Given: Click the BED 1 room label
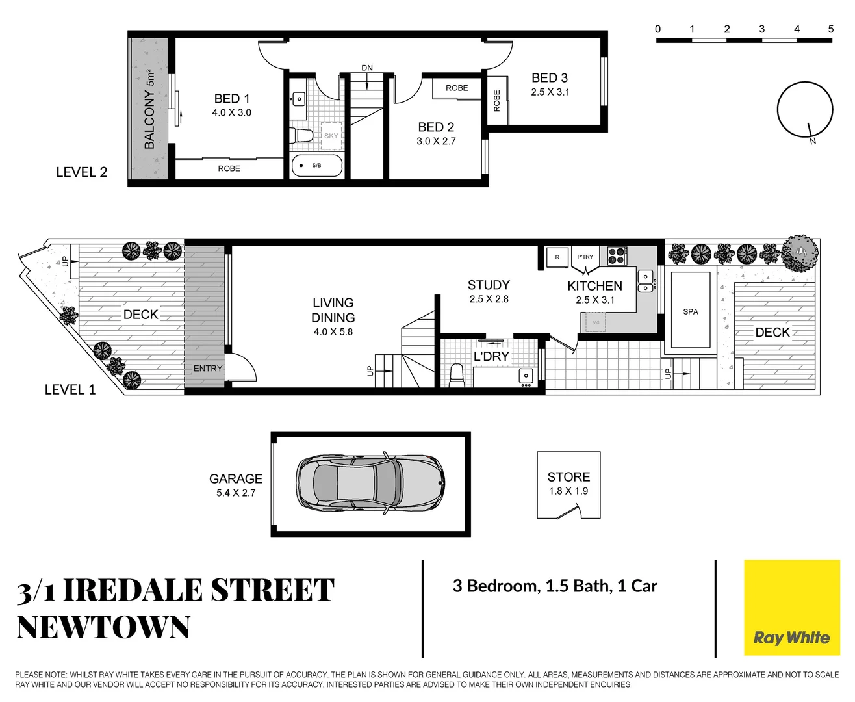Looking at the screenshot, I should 232,98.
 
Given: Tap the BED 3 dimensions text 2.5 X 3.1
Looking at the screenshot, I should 550,92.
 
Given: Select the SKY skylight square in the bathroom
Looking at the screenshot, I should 331,135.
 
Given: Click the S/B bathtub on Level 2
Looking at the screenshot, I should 316,166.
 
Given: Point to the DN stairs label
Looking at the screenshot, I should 367,68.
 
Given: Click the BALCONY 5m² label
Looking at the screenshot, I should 149,109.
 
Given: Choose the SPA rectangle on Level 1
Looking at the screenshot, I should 690,311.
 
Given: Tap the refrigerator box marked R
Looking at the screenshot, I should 557,257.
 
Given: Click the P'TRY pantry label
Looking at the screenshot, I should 585,257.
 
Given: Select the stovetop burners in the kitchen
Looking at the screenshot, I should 616,256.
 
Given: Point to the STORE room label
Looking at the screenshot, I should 568,477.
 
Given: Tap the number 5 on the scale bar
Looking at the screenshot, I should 830,29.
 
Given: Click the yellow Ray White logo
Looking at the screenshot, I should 791,608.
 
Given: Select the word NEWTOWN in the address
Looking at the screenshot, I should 103,627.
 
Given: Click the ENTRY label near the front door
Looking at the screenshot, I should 208,369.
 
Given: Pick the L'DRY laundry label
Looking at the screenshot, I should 491,357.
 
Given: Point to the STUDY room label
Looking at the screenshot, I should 489,285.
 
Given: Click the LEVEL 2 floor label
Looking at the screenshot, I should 81,172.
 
